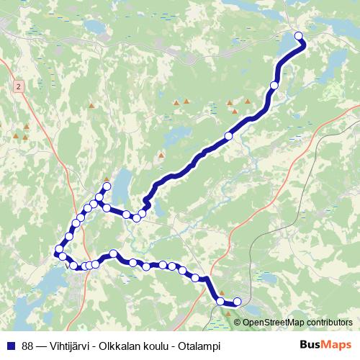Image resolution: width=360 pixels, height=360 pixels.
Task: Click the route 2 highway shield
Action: point(17,86)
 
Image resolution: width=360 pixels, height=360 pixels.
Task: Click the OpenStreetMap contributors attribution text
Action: point(297,323)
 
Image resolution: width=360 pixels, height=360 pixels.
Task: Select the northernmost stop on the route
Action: point(299,36)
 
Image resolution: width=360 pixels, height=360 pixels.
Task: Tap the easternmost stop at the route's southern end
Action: point(237,301)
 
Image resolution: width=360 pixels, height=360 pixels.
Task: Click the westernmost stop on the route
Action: point(59,250)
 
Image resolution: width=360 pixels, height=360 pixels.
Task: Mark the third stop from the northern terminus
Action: point(229,135)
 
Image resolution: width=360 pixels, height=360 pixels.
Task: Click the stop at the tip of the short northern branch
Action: point(107,187)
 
